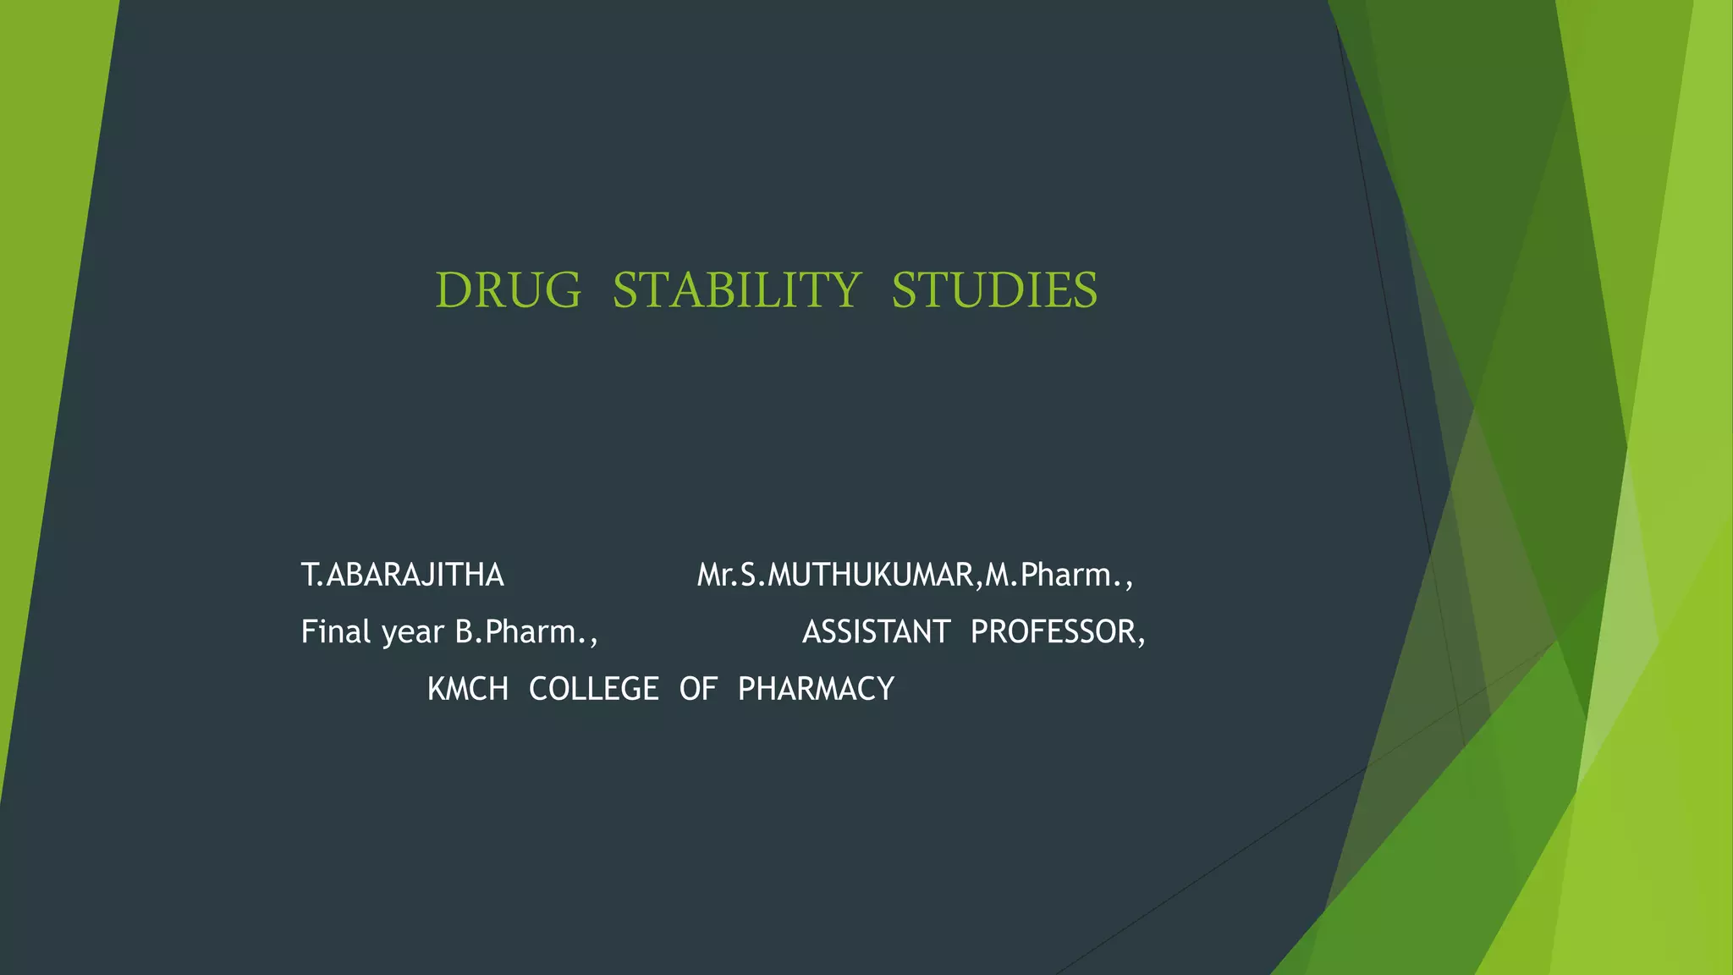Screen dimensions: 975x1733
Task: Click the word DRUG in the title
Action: coord(509,290)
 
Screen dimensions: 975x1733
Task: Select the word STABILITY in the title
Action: coord(736,290)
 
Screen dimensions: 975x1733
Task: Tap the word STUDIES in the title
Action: coord(994,290)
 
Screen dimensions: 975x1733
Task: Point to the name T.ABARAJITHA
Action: coord(403,576)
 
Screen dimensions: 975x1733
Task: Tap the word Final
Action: coord(336,632)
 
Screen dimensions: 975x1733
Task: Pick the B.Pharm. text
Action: coord(525,632)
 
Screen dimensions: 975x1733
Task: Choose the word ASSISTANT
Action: coord(876,632)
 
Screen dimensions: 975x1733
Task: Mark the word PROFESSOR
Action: coord(1053,632)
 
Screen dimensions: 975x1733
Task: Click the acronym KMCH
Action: coord(468,689)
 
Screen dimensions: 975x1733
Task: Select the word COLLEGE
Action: coord(593,689)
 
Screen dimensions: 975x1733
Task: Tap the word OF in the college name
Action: coord(698,689)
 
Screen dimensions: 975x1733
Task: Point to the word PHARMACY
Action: coord(816,689)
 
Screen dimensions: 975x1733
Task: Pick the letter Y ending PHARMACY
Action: coord(886,689)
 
